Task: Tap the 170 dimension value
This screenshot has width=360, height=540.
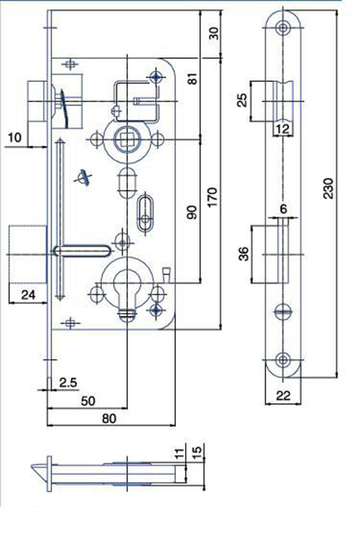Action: coord(212,196)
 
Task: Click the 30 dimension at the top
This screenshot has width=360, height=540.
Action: coord(213,34)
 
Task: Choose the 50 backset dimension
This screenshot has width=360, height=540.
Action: coord(87,401)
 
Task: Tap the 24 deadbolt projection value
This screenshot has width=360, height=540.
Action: coord(28,295)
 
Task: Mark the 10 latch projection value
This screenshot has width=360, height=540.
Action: coord(15,137)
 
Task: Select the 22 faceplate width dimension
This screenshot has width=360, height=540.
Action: coord(283,396)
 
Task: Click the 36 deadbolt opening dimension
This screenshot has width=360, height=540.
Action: coord(244,254)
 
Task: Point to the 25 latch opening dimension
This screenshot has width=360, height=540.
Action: coord(242,101)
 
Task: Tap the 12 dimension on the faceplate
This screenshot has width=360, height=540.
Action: coord(283,129)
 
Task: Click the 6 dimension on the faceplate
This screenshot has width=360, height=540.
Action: coord(283,209)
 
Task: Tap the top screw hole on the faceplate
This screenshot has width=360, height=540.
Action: coord(282,28)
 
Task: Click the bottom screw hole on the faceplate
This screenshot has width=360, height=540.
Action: coord(282,360)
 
